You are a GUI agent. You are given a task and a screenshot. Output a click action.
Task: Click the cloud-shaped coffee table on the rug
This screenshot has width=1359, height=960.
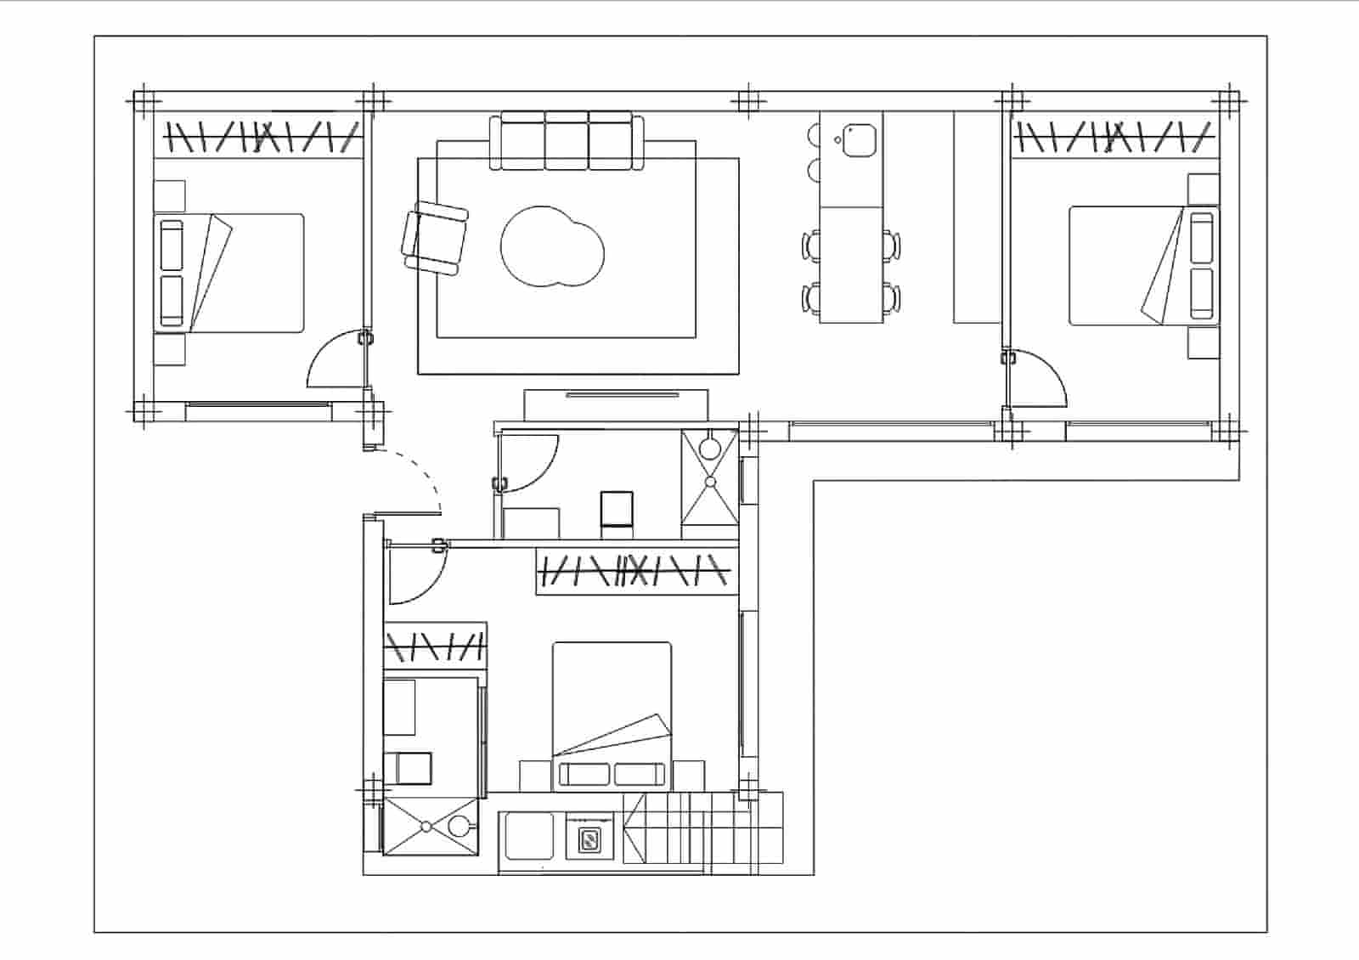(552, 247)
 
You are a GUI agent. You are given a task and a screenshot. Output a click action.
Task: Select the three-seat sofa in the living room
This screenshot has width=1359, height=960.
(567, 141)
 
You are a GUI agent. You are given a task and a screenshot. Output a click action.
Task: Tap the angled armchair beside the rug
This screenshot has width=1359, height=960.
(436, 239)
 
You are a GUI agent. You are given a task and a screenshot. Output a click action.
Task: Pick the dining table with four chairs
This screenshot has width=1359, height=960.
(851, 264)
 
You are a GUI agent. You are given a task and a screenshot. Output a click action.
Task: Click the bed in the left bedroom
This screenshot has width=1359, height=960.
(229, 272)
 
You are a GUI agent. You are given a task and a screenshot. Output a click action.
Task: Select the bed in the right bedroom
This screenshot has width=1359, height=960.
(1142, 265)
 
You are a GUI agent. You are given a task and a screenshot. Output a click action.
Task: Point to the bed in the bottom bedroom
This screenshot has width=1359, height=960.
(612, 714)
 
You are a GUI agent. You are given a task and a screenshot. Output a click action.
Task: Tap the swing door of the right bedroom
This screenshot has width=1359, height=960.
(1036, 378)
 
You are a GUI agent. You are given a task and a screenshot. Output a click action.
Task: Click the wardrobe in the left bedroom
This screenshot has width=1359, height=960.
(259, 136)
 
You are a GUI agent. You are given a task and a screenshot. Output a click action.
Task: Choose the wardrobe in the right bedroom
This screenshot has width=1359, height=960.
(1114, 136)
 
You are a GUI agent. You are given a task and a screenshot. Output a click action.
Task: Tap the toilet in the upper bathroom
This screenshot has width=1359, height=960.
(617, 511)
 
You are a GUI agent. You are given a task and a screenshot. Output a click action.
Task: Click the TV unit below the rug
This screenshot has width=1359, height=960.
(616, 404)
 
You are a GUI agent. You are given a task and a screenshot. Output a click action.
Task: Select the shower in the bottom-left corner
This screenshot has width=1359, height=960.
(429, 825)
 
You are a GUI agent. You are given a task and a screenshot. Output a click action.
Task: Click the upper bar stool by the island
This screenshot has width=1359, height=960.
(813, 135)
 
